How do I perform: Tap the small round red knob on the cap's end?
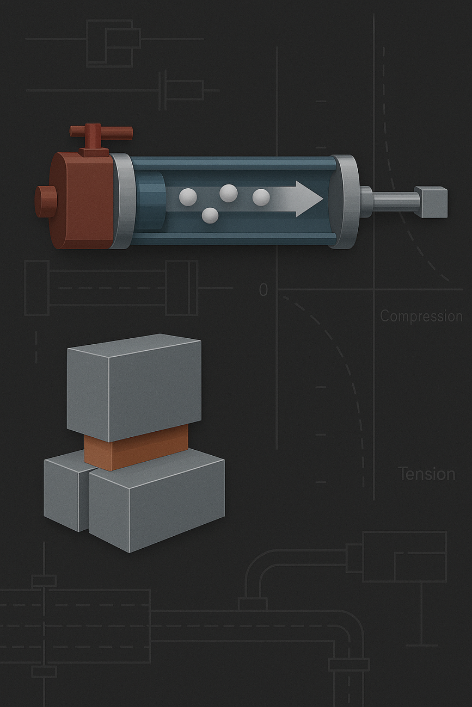pos(46,202)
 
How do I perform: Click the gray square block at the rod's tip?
pos(431,202)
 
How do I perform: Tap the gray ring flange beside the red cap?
pos(123,201)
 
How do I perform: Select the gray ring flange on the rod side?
pos(345,201)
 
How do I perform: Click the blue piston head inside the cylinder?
pos(150,201)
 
